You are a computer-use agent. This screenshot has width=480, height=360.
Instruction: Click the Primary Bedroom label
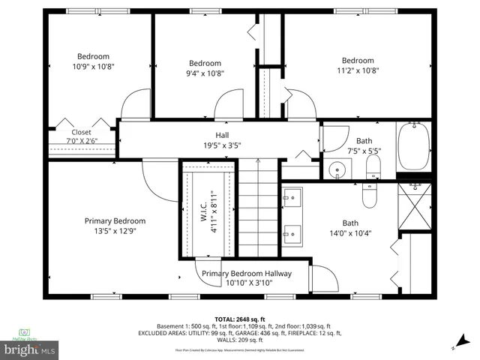[115, 221]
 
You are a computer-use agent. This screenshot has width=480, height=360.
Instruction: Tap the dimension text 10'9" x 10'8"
[93, 67]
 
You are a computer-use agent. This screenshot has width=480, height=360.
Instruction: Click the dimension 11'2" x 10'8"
[358, 72]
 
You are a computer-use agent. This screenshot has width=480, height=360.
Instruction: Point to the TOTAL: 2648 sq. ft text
[240, 319]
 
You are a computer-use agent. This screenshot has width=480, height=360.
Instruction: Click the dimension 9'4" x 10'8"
[205, 73]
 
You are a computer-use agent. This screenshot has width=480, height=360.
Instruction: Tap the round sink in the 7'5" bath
[337, 170]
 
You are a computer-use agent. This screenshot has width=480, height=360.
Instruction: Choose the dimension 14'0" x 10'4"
[351, 233]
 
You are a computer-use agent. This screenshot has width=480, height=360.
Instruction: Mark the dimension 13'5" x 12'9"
[115, 232]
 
